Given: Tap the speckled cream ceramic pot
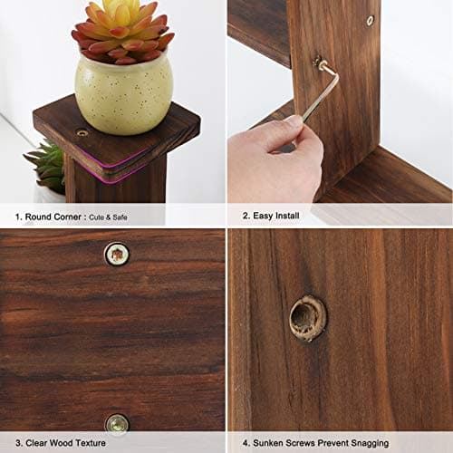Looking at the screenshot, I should (x=123, y=94).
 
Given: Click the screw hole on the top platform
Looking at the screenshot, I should (x=82, y=132).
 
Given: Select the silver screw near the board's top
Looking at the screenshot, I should (x=370, y=20).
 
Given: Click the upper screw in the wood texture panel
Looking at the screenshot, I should (x=116, y=255).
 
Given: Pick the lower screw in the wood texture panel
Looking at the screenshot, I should (x=116, y=422).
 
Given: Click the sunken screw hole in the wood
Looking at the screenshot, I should (x=307, y=318).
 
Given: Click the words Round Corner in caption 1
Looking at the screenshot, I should (x=46, y=217).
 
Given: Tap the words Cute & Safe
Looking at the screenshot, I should (x=109, y=217).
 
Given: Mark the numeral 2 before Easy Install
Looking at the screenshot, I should (x=244, y=217).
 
